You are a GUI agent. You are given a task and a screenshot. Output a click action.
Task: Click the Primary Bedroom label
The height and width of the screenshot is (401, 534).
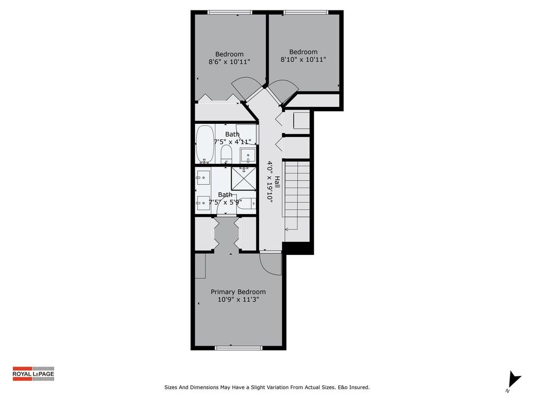[238, 292]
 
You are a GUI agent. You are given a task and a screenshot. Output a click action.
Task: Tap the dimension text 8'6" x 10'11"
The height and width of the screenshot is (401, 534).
[229, 62]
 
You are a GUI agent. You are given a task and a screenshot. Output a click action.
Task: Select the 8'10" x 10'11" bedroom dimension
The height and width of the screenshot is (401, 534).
[303, 60]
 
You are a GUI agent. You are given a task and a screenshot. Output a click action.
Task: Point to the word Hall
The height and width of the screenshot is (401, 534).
[277, 182]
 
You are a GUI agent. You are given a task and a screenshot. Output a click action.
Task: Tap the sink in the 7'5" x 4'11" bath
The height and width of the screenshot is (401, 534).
[247, 155]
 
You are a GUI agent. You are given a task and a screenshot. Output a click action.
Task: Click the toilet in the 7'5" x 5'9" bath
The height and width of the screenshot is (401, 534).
[245, 205]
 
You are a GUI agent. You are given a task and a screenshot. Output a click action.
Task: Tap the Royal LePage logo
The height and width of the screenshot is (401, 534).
[33, 373]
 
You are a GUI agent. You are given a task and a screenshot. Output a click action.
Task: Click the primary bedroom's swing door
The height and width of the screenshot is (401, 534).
[271, 264]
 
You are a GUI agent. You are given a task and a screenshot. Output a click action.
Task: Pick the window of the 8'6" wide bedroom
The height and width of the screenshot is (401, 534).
[229, 13]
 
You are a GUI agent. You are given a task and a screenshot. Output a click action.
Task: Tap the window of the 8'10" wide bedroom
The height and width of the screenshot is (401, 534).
[306, 13]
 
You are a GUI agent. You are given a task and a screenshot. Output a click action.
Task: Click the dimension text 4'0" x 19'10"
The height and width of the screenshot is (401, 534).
[270, 181]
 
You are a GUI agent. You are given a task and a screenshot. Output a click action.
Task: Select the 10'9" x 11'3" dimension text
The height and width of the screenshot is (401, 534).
[238, 300]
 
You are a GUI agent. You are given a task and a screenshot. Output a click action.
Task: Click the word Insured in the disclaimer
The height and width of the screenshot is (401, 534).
[359, 387]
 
